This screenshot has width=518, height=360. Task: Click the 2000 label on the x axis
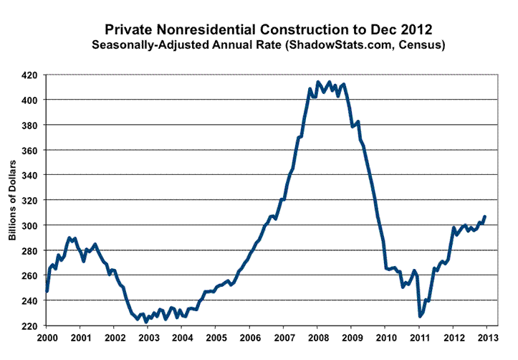tap(47, 338)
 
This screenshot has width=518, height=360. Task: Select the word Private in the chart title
tap(128, 29)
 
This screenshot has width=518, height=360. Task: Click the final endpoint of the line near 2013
tap(485, 216)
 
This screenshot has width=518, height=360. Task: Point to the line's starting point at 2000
tap(47, 291)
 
